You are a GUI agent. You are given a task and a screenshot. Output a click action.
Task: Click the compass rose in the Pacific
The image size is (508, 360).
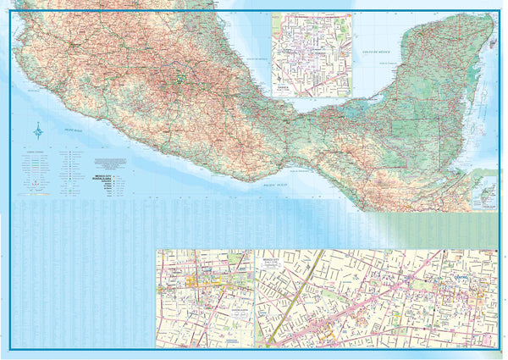pos(38,130)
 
